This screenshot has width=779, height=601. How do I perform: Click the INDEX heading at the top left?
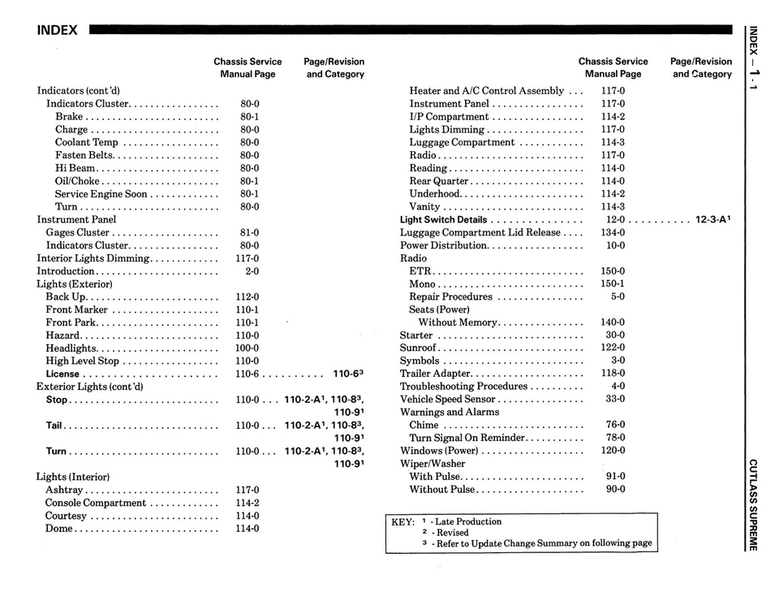pyautogui.click(x=57, y=31)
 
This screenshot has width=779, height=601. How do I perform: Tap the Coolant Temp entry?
pyautogui.click(x=86, y=142)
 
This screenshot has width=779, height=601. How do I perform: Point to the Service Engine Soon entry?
pyautogui.click(x=101, y=194)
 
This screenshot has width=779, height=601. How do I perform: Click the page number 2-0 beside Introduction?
pyautogui.click(x=252, y=271)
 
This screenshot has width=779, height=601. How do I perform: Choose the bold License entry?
pyautogui.click(x=62, y=374)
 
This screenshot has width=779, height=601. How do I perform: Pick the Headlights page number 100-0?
pyautogui.click(x=247, y=348)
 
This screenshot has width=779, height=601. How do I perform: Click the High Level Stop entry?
pyautogui.click(x=82, y=361)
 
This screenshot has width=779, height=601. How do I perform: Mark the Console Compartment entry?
pyautogui.click(x=96, y=504)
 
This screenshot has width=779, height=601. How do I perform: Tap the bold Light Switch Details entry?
pyautogui.click(x=443, y=220)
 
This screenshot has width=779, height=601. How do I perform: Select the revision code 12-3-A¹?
pyautogui.click(x=713, y=220)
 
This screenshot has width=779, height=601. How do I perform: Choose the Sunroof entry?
pyautogui.click(x=419, y=348)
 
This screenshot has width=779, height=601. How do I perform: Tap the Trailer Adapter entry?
pyautogui.click(x=436, y=374)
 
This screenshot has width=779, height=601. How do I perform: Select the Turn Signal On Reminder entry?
pyautogui.click(x=467, y=439)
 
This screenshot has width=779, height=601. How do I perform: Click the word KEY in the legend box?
pyautogui.click(x=403, y=522)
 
